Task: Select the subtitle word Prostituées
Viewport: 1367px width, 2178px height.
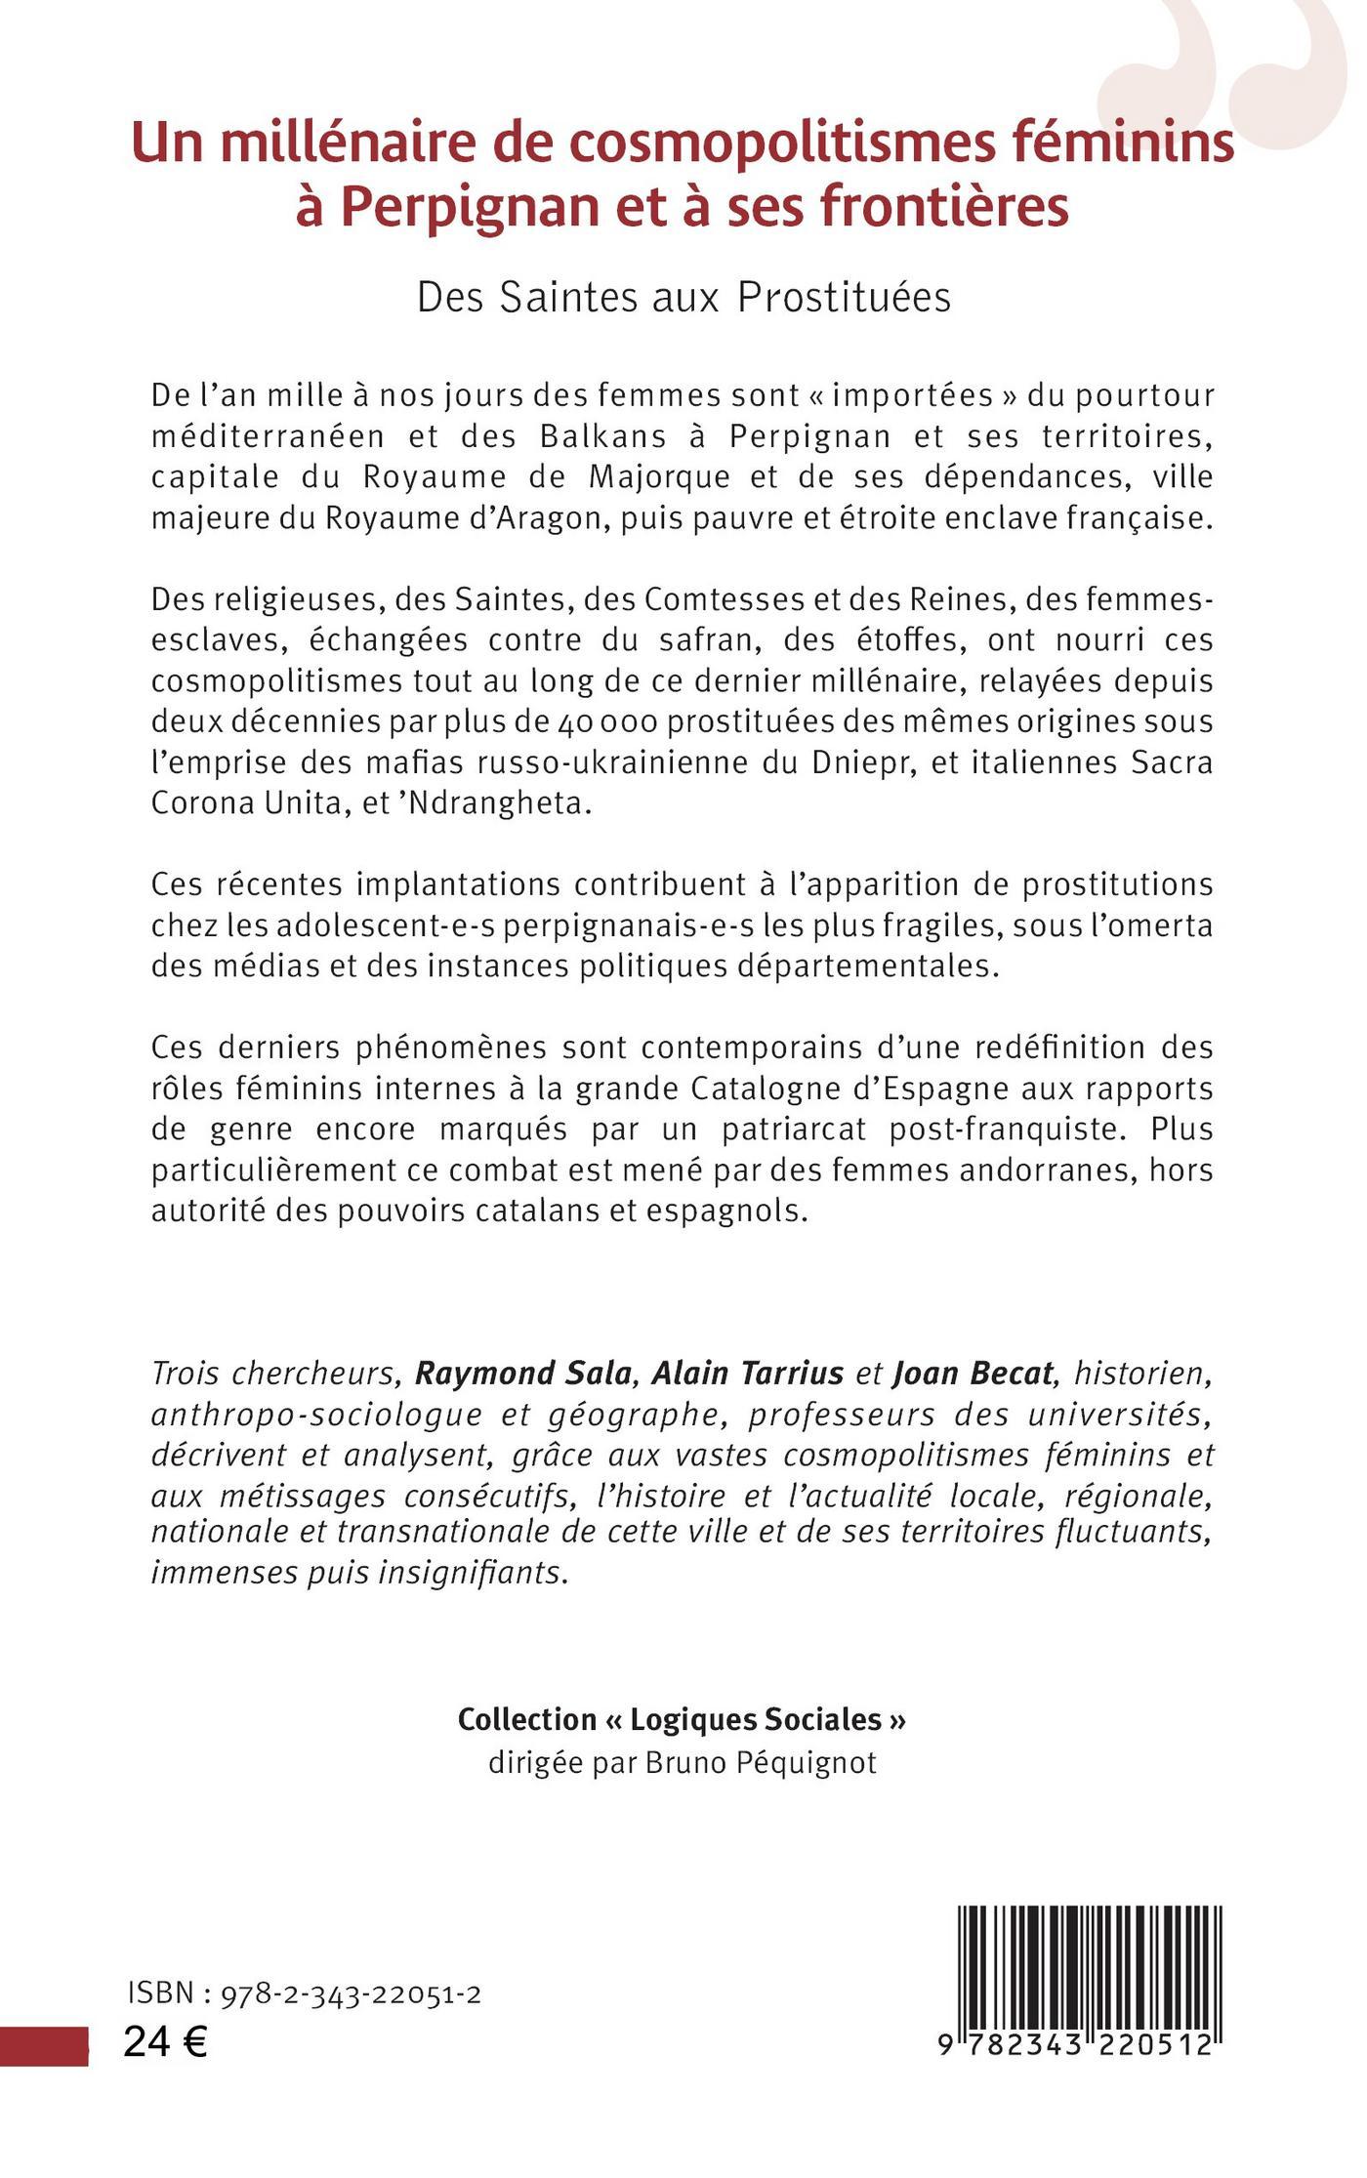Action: pos(844,298)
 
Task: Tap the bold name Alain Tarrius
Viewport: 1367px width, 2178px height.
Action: pos(747,1374)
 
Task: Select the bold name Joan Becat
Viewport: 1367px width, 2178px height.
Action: pos(973,1374)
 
